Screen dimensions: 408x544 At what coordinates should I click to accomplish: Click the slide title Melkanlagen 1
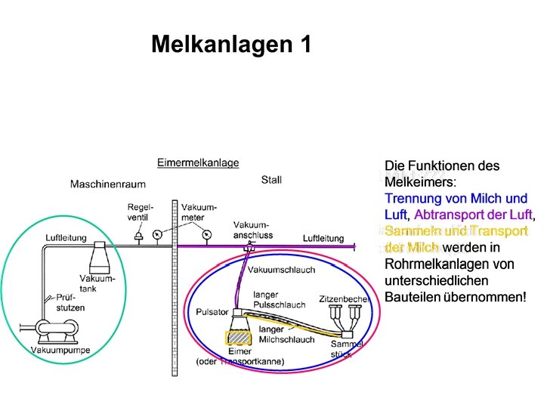(230, 45)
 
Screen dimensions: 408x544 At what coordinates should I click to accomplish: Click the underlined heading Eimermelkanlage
(198, 162)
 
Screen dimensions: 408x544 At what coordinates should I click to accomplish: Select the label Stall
(271, 180)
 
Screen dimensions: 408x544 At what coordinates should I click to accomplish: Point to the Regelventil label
(141, 212)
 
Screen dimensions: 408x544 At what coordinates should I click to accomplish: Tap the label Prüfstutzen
(70, 303)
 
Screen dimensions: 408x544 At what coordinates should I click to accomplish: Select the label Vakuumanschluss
(253, 230)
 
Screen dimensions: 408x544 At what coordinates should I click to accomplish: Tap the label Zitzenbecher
(344, 298)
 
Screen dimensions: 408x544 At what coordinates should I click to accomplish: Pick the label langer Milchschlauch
(286, 334)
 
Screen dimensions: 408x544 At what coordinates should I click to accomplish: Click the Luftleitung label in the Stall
(323, 238)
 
